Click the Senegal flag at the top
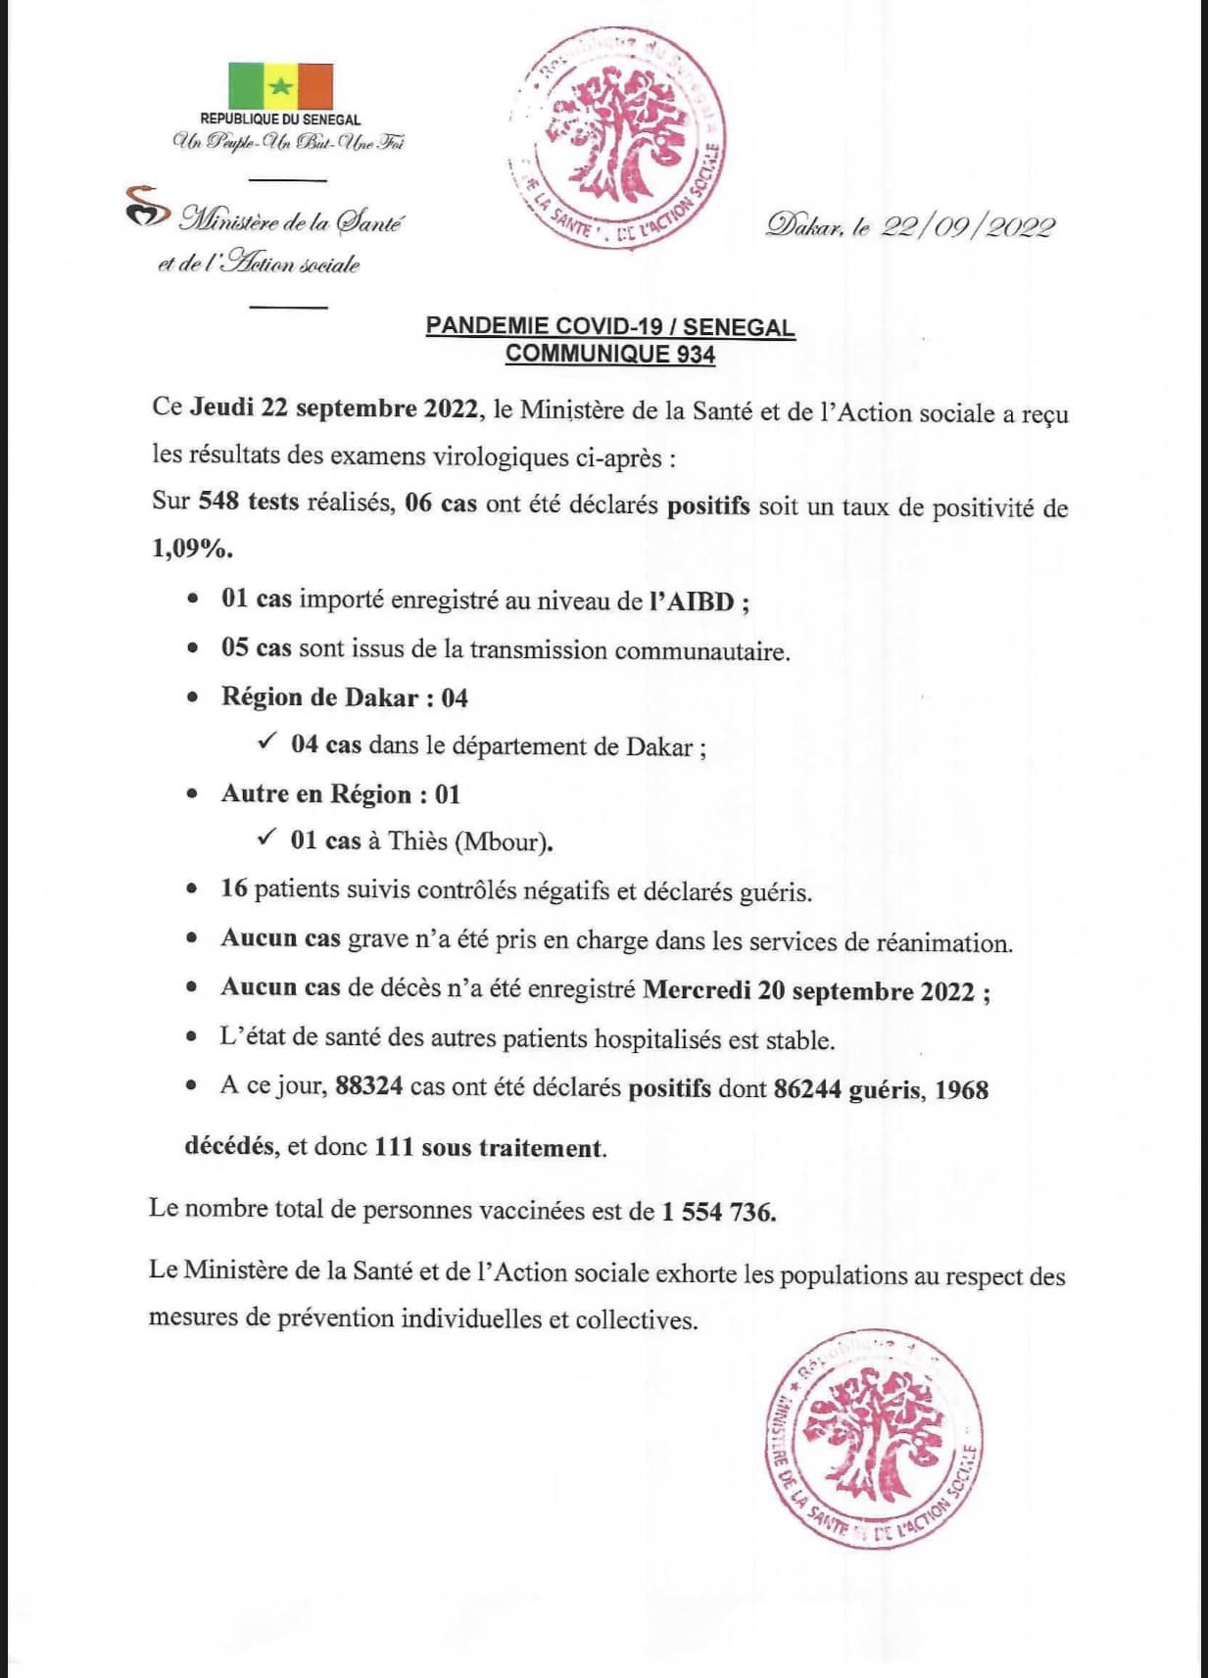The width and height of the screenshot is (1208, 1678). point(280,86)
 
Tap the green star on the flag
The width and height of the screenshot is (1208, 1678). point(281,86)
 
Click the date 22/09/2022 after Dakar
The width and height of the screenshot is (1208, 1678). point(968,227)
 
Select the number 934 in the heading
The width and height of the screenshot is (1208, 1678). point(695,355)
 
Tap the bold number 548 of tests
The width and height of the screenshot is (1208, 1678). point(218,502)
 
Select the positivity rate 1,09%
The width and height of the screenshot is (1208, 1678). point(192,549)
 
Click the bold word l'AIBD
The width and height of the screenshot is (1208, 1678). point(693,601)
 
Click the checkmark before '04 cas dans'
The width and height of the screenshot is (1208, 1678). point(266,743)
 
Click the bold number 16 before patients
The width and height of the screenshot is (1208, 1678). point(234,888)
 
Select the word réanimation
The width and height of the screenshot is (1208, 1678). point(942,943)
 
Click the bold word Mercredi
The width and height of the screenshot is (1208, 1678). point(696,990)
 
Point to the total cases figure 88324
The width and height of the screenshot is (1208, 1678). point(368,1087)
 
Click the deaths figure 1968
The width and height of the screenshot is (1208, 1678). point(961,1090)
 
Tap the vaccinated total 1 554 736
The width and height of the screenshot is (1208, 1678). point(718,1212)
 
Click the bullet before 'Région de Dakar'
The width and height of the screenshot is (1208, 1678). point(194,697)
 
